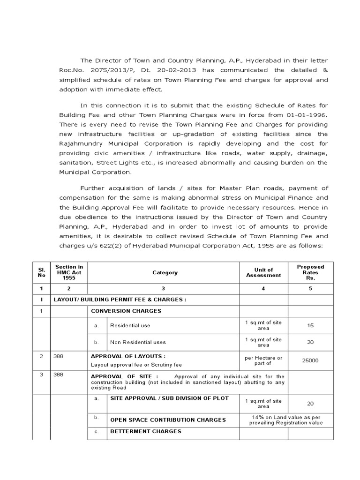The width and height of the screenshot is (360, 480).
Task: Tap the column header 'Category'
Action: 165,272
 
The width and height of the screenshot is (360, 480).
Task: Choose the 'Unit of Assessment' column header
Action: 263,272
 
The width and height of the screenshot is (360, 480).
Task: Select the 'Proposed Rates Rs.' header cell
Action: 310,272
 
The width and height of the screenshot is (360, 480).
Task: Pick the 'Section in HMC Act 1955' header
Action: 69,272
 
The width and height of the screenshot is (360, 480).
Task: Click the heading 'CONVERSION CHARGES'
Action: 126,311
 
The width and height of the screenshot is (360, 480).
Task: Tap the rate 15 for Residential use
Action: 310,325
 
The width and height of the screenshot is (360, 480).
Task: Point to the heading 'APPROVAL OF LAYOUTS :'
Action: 128,356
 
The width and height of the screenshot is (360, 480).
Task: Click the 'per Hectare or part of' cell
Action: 263,360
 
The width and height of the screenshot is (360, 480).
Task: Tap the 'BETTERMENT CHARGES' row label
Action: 145,431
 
